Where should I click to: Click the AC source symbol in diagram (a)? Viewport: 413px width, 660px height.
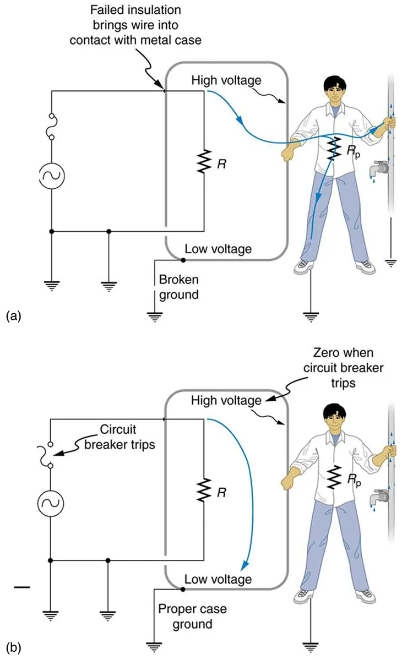pos(51,176)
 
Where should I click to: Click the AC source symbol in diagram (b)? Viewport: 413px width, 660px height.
pos(51,502)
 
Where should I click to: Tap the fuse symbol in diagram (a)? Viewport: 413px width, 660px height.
pos(51,127)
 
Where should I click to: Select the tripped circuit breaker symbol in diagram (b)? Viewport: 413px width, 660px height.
pos(51,455)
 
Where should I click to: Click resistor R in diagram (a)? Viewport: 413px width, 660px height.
pos(204,162)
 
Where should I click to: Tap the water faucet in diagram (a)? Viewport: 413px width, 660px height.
pos(379,168)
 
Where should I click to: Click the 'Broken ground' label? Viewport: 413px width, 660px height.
pos(178,287)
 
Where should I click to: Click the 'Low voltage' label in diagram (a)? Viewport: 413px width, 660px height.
pos(218,249)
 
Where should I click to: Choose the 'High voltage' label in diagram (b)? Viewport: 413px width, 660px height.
pos(226,401)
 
